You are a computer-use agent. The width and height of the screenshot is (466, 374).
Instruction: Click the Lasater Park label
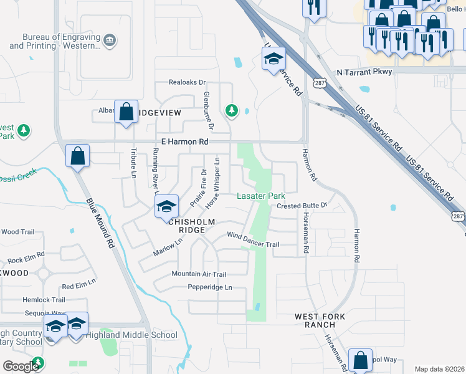(261, 196)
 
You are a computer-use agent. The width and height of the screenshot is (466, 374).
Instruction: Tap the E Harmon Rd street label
(184, 142)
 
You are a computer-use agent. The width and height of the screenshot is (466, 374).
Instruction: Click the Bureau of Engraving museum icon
(110, 41)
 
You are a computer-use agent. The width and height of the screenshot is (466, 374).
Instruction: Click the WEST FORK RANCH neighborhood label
(320, 320)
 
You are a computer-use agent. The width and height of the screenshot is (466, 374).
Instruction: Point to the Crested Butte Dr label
(302, 206)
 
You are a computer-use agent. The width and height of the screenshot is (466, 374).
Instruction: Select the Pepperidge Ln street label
(210, 287)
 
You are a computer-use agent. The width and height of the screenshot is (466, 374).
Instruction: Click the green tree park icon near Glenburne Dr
(232, 110)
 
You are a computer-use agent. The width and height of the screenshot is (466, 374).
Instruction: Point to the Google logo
(21, 367)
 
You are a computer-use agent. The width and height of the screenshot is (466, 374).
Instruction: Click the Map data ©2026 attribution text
(439, 369)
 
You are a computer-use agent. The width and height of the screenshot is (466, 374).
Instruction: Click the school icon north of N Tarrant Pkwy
(273, 59)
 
